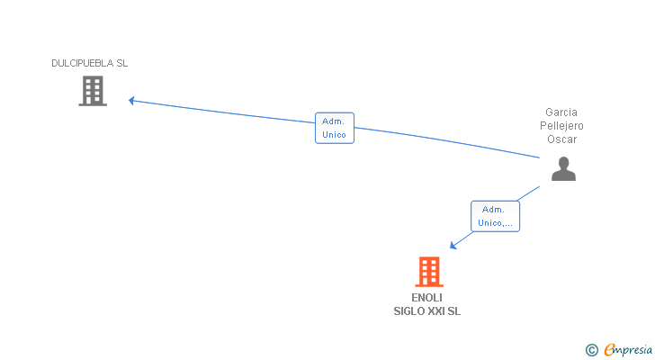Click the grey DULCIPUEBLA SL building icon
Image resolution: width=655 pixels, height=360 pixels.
[x=93, y=91]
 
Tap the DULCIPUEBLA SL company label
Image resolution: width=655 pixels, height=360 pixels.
[x=89, y=63]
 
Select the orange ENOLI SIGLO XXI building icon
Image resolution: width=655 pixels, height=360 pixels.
[x=429, y=272]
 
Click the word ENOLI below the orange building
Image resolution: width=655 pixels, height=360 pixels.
[x=426, y=297]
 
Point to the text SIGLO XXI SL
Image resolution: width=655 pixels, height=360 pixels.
[x=426, y=311]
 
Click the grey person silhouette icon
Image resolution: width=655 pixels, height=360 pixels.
[x=563, y=168]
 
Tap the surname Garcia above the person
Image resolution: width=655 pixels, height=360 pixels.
[x=561, y=112]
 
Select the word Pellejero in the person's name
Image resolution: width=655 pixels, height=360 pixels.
[x=561, y=126]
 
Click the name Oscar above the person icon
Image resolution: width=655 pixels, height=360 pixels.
[x=561, y=139]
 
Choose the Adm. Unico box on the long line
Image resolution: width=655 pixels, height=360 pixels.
[x=335, y=128]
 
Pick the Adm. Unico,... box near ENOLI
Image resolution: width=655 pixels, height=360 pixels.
[x=496, y=216]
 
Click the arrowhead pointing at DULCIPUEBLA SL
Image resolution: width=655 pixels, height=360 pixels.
[x=131, y=101]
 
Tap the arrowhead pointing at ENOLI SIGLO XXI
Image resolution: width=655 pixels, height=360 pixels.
[x=453, y=246]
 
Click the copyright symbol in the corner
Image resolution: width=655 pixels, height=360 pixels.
[x=592, y=350]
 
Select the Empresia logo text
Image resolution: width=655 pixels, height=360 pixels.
[x=628, y=350]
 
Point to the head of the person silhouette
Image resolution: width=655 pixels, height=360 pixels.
[x=563, y=162]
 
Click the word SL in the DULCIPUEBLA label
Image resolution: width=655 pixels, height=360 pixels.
[x=122, y=63]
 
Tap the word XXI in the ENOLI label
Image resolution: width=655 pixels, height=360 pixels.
[x=436, y=311]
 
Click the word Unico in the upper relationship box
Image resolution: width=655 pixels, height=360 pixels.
[x=334, y=134]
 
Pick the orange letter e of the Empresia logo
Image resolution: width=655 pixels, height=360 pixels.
[x=610, y=349]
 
